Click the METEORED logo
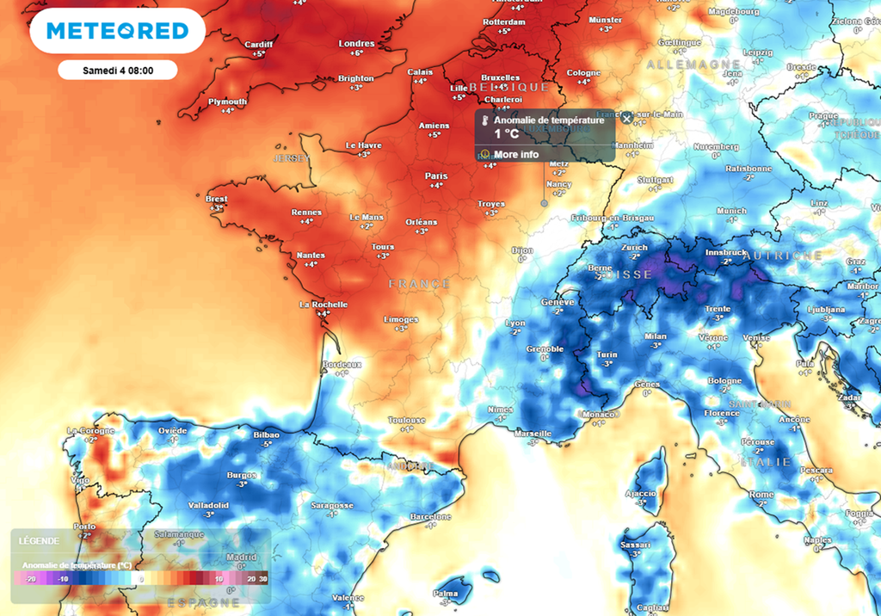click(117, 31)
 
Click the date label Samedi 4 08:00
click(118, 70)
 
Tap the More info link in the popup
click(516, 155)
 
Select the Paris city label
click(436, 176)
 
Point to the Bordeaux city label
click(342, 364)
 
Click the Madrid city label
click(242, 557)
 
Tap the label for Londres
click(357, 44)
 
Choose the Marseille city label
click(533, 434)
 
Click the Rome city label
click(761, 495)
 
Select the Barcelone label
click(431, 516)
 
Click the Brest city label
click(217, 199)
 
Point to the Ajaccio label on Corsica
click(640, 494)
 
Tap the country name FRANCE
click(419, 283)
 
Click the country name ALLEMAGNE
click(693, 65)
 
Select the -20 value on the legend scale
click(31, 580)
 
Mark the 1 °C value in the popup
click(506, 134)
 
